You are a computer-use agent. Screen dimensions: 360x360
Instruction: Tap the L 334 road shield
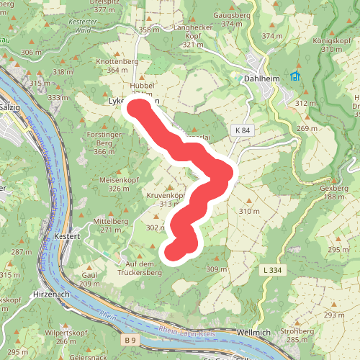272,269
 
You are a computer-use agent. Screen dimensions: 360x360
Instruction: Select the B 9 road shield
130,339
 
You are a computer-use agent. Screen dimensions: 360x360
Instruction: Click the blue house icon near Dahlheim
294,76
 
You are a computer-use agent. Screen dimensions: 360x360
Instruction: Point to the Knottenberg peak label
117,62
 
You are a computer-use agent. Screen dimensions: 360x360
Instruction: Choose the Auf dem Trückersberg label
139,269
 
